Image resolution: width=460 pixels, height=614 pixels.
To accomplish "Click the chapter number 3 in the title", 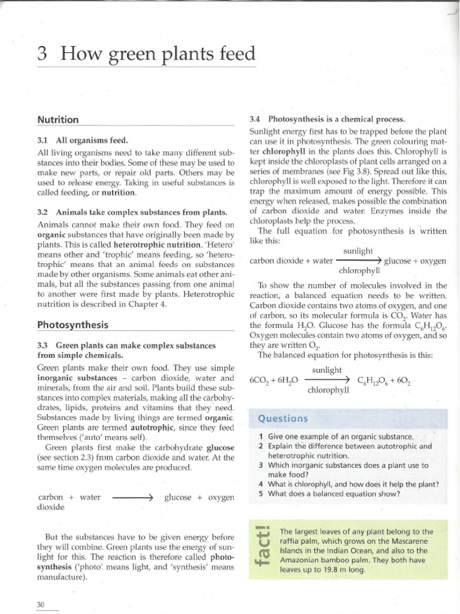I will click(42, 55).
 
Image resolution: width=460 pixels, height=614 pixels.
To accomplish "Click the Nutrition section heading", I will click(58, 120).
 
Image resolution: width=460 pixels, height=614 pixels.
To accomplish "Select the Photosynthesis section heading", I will click(72, 326).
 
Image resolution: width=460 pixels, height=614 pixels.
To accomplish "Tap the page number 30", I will click(41, 605).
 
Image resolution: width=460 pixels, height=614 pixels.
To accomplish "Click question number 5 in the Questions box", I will click(261, 494).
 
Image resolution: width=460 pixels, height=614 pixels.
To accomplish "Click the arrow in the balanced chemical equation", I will click(327, 380).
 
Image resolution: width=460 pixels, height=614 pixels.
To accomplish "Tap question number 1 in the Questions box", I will click(261, 437).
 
